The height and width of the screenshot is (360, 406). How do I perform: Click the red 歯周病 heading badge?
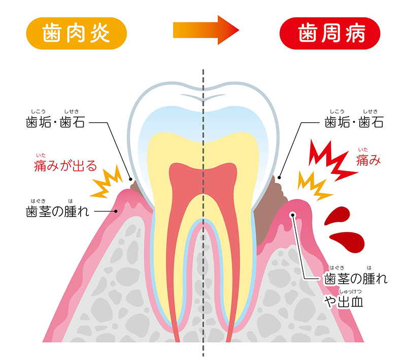[x=330, y=33]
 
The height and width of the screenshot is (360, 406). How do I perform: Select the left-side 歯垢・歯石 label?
[x=55, y=122]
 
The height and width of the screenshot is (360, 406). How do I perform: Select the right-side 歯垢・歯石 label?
[x=353, y=122]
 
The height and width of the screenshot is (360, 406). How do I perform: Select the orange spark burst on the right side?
[x=313, y=185]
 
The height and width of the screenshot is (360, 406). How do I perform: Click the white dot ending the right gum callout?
[x=293, y=215]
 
